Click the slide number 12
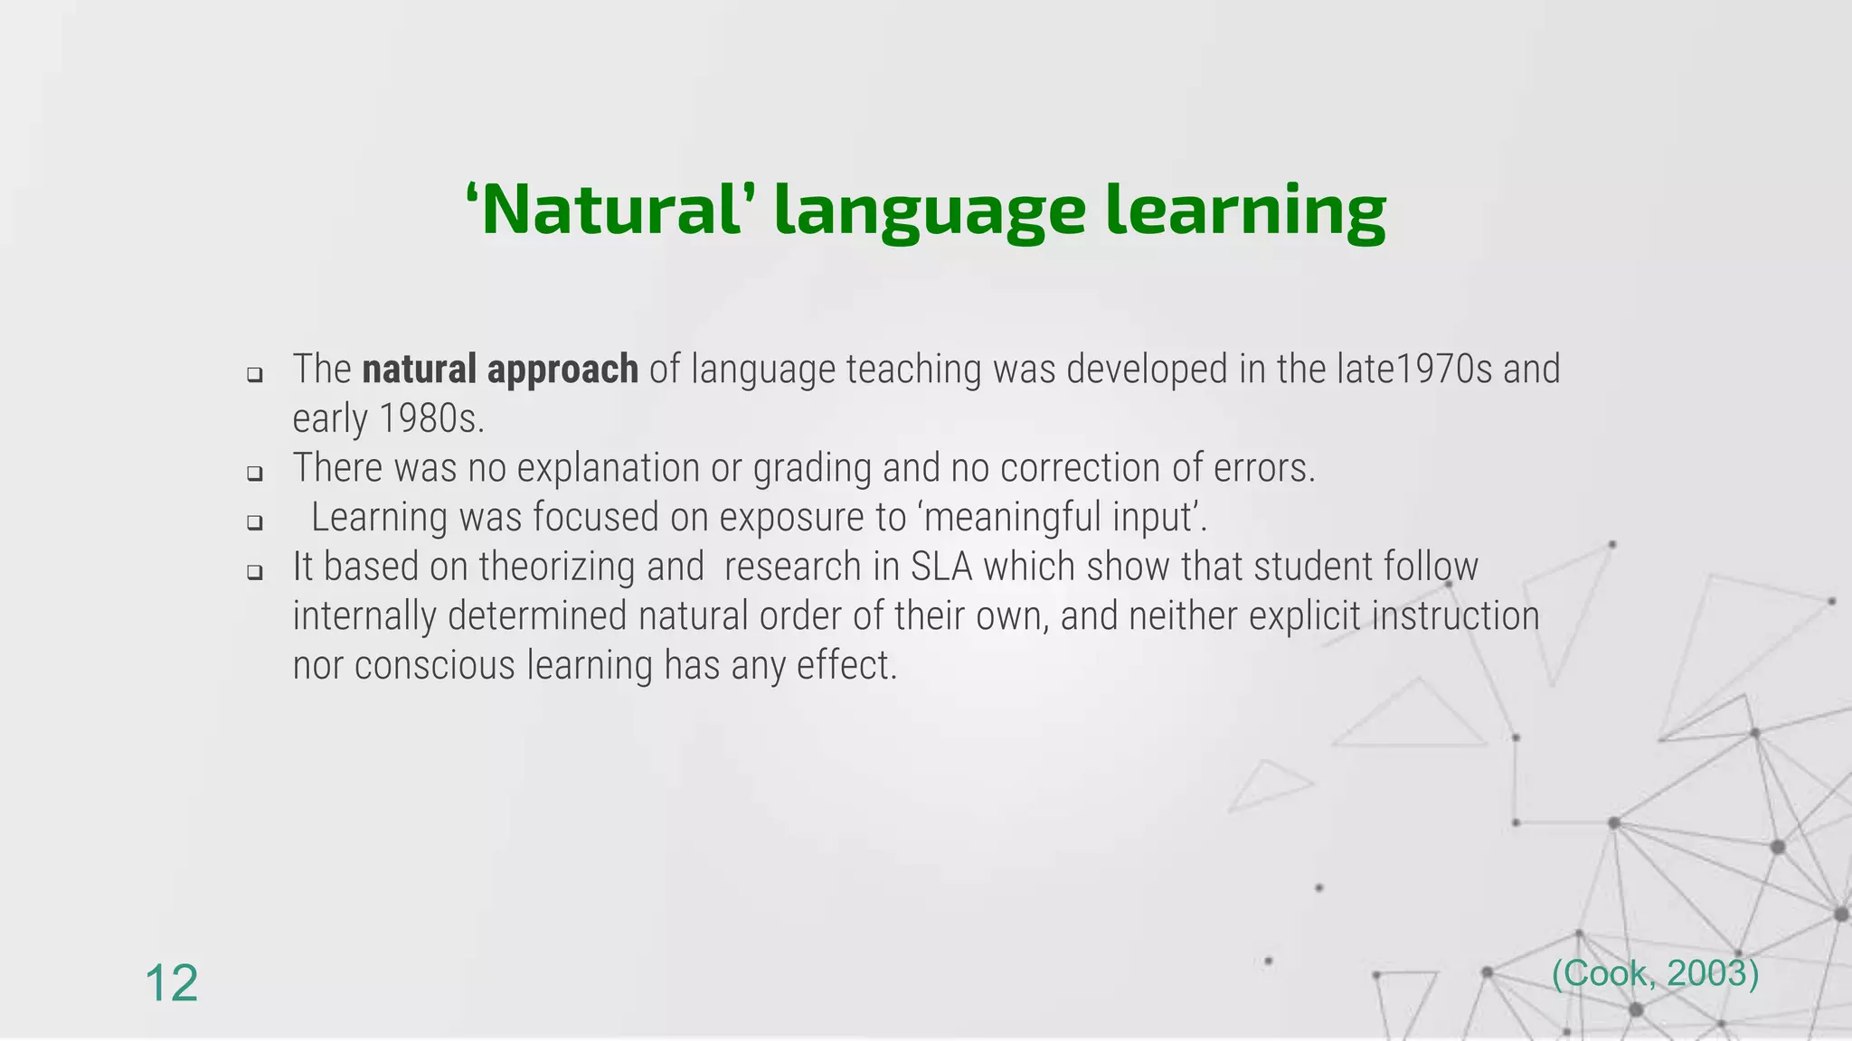click(171, 983)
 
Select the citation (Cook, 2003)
click(1655, 973)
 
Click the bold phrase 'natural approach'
click(500, 370)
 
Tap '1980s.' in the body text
click(431, 419)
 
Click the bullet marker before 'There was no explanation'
click(255, 473)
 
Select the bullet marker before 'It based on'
click(255, 572)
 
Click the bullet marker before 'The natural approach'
click(255, 374)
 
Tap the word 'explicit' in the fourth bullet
click(1306, 616)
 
